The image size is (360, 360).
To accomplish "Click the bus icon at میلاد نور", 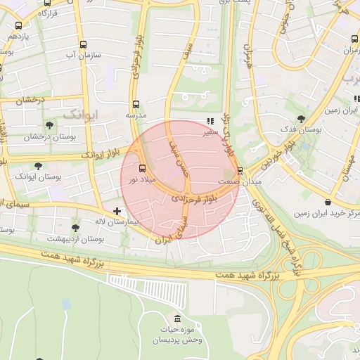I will [143, 168].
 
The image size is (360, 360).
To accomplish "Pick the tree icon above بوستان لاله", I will [76, 227].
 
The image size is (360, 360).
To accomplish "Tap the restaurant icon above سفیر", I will [210, 120].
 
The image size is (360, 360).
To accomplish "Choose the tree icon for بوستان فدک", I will [301, 119].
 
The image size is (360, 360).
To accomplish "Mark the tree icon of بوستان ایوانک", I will [38, 166].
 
